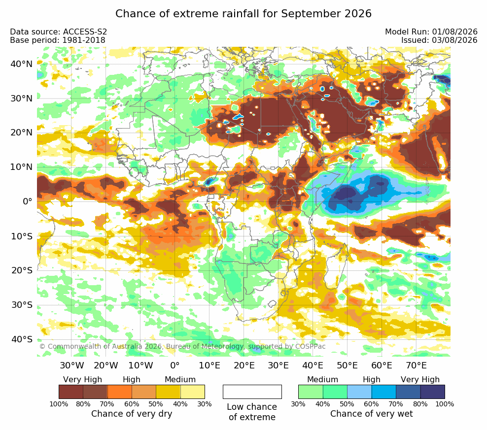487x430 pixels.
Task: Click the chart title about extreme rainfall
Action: pos(243,14)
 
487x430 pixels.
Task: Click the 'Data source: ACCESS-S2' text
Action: pos(58,32)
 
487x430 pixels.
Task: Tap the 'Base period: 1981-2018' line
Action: pos(58,40)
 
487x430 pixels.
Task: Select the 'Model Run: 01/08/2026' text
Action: pos(431,32)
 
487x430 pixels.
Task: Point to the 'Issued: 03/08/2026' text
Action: pos(439,40)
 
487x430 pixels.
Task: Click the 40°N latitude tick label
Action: pos(21,64)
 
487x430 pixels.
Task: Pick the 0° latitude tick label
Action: pos(27,201)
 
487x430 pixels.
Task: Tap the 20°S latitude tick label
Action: pos(22,270)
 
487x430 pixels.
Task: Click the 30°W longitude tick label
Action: pos(72,365)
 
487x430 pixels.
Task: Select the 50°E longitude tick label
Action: pos(347,365)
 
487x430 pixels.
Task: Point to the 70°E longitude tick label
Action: pos(416,365)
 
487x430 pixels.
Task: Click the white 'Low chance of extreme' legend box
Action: pos(252,392)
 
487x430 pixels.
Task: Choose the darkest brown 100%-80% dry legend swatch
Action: pos(71,392)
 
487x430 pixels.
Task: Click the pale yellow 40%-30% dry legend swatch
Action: pos(193,392)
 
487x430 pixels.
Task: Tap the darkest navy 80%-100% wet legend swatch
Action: pos(433,392)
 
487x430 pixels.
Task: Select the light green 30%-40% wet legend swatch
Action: pos(311,392)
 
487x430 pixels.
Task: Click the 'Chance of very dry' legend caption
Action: pos(132,414)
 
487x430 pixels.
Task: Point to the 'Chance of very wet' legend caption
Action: pos(372,414)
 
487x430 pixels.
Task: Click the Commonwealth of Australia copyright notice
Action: pos(182,346)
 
